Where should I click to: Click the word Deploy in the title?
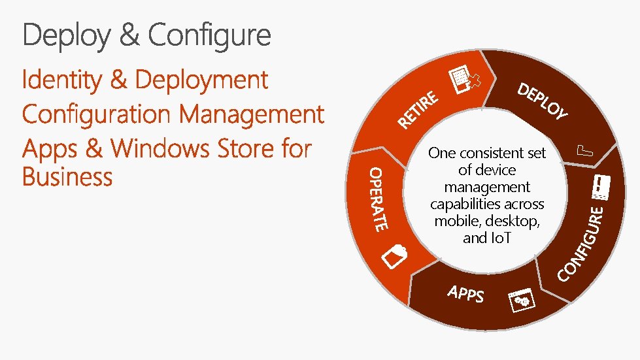pyautogui.click(x=65, y=35)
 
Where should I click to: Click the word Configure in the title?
pyautogui.click(x=209, y=35)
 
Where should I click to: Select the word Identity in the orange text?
pyautogui.click(x=61, y=80)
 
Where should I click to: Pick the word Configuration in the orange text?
pyautogui.click(x=95, y=114)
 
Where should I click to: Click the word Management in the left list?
pyautogui.click(x=252, y=114)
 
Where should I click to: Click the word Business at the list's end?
pyautogui.click(x=67, y=177)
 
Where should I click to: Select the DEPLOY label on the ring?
pyautogui.click(x=543, y=103)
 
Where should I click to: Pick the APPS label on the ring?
pyautogui.click(x=466, y=294)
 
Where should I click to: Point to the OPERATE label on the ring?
pyautogui.click(x=377, y=199)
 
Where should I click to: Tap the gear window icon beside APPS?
pyautogui.click(x=522, y=300)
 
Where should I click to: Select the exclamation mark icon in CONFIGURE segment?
pyautogui.click(x=599, y=188)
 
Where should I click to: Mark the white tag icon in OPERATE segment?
pyautogui.click(x=395, y=256)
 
